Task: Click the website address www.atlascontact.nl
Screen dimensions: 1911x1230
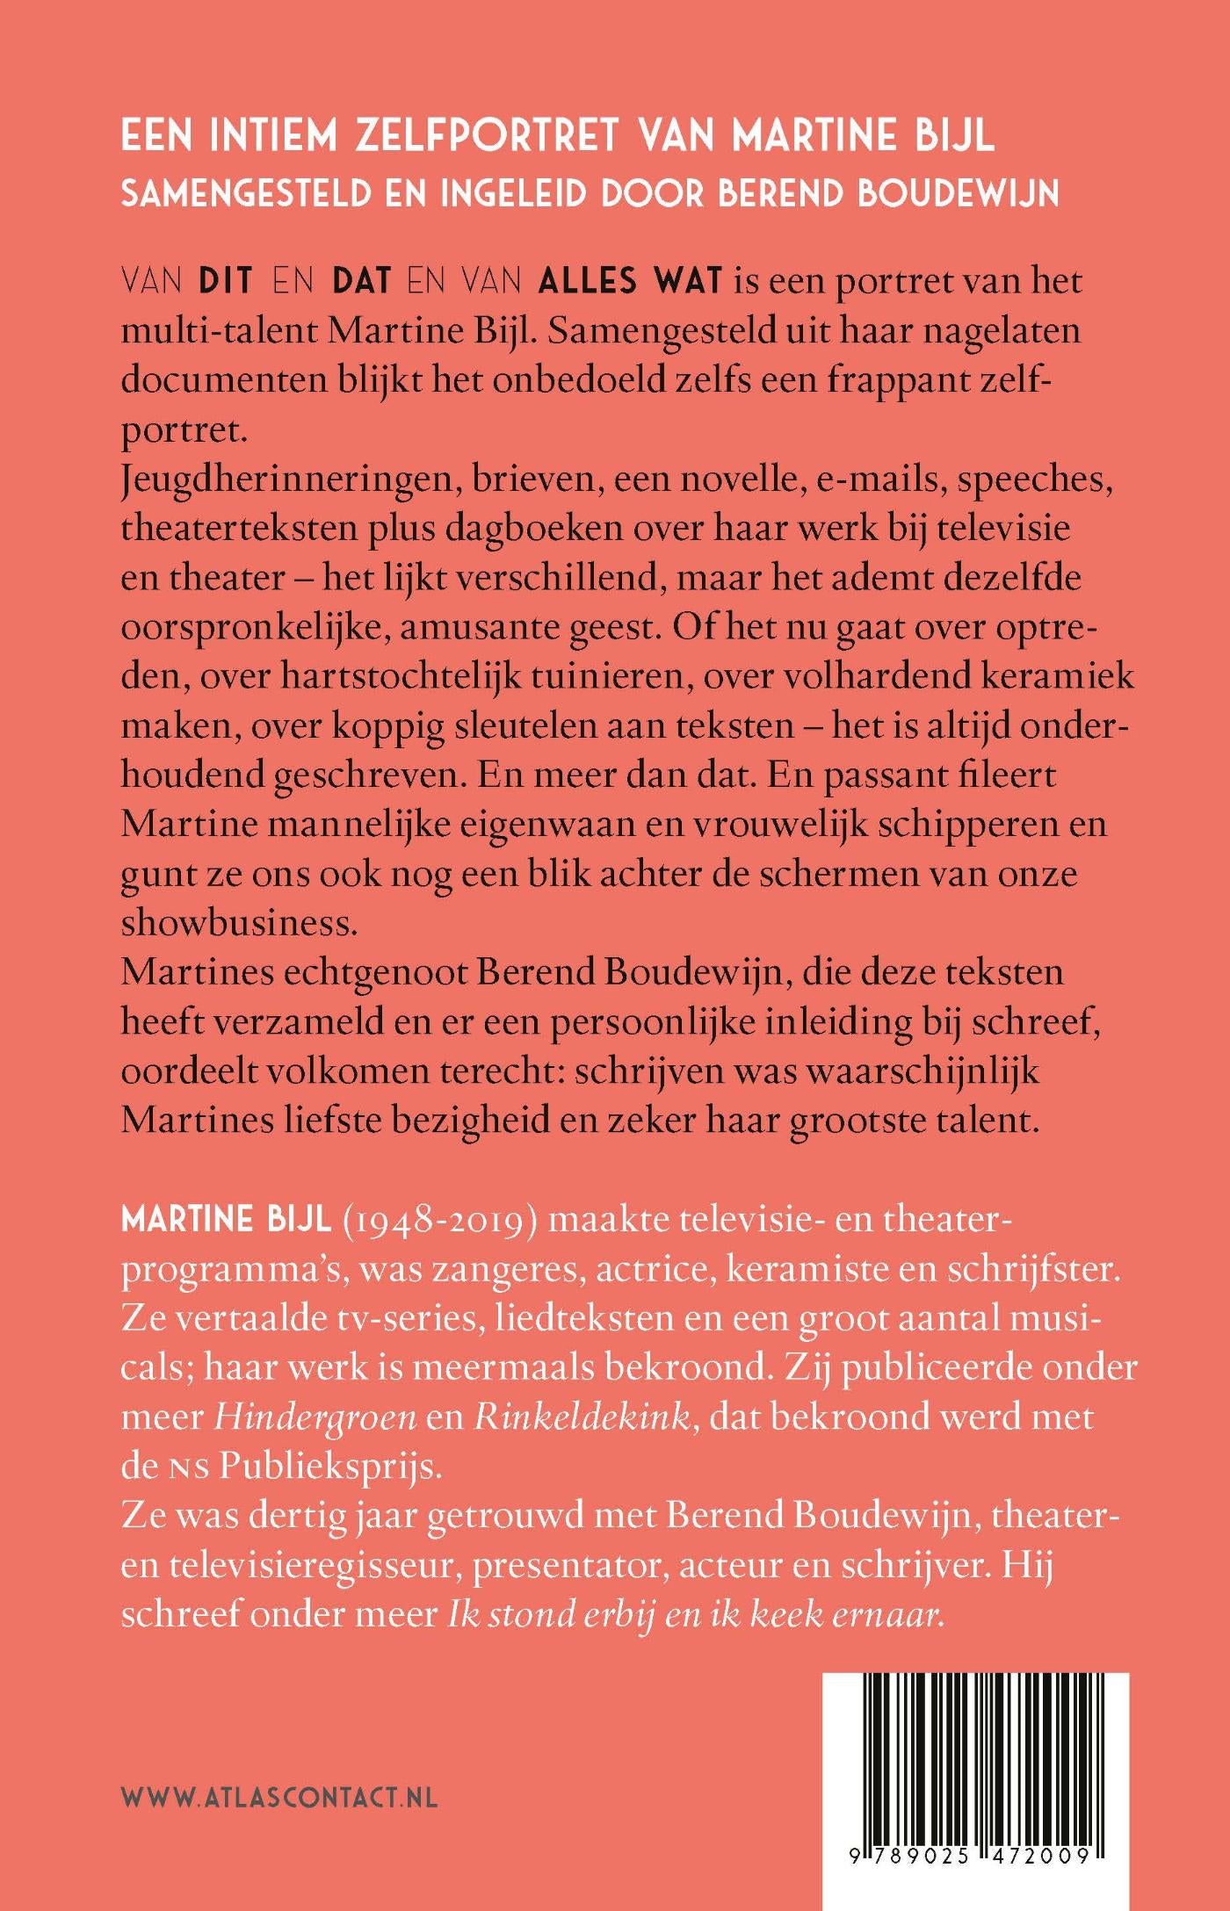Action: pyautogui.click(x=279, y=1797)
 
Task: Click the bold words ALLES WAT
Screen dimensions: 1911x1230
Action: pyautogui.click(x=630, y=282)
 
